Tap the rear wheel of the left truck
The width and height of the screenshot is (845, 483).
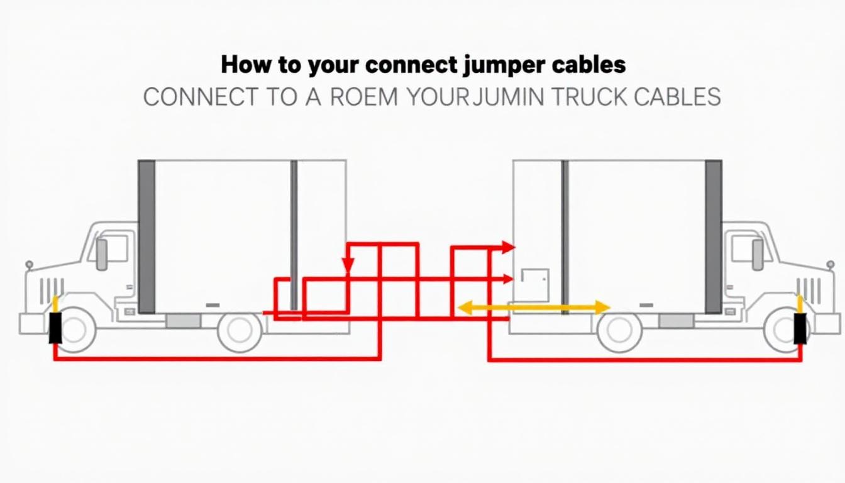click(x=240, y=331)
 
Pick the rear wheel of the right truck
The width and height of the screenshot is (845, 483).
click(x=619, y=331)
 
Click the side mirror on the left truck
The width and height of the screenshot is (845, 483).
click(x=102, y=254)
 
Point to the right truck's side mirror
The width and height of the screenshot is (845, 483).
click(x=757, y=254)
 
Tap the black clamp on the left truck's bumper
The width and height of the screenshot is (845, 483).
click(x=55, y=328)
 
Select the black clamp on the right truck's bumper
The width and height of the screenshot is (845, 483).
click(x=800, y=329)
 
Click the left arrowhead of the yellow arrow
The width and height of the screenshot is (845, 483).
click(x=463, y=308)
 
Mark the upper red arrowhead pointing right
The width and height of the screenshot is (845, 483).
click(x=509, y=247)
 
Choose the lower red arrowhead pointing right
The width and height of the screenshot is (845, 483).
click(x=509, y=279)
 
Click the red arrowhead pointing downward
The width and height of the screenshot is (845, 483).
click(x=348, y=267)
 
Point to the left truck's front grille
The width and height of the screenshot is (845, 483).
click(x=52, y=287)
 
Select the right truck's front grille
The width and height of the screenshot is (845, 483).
click(x=809, y=289)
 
